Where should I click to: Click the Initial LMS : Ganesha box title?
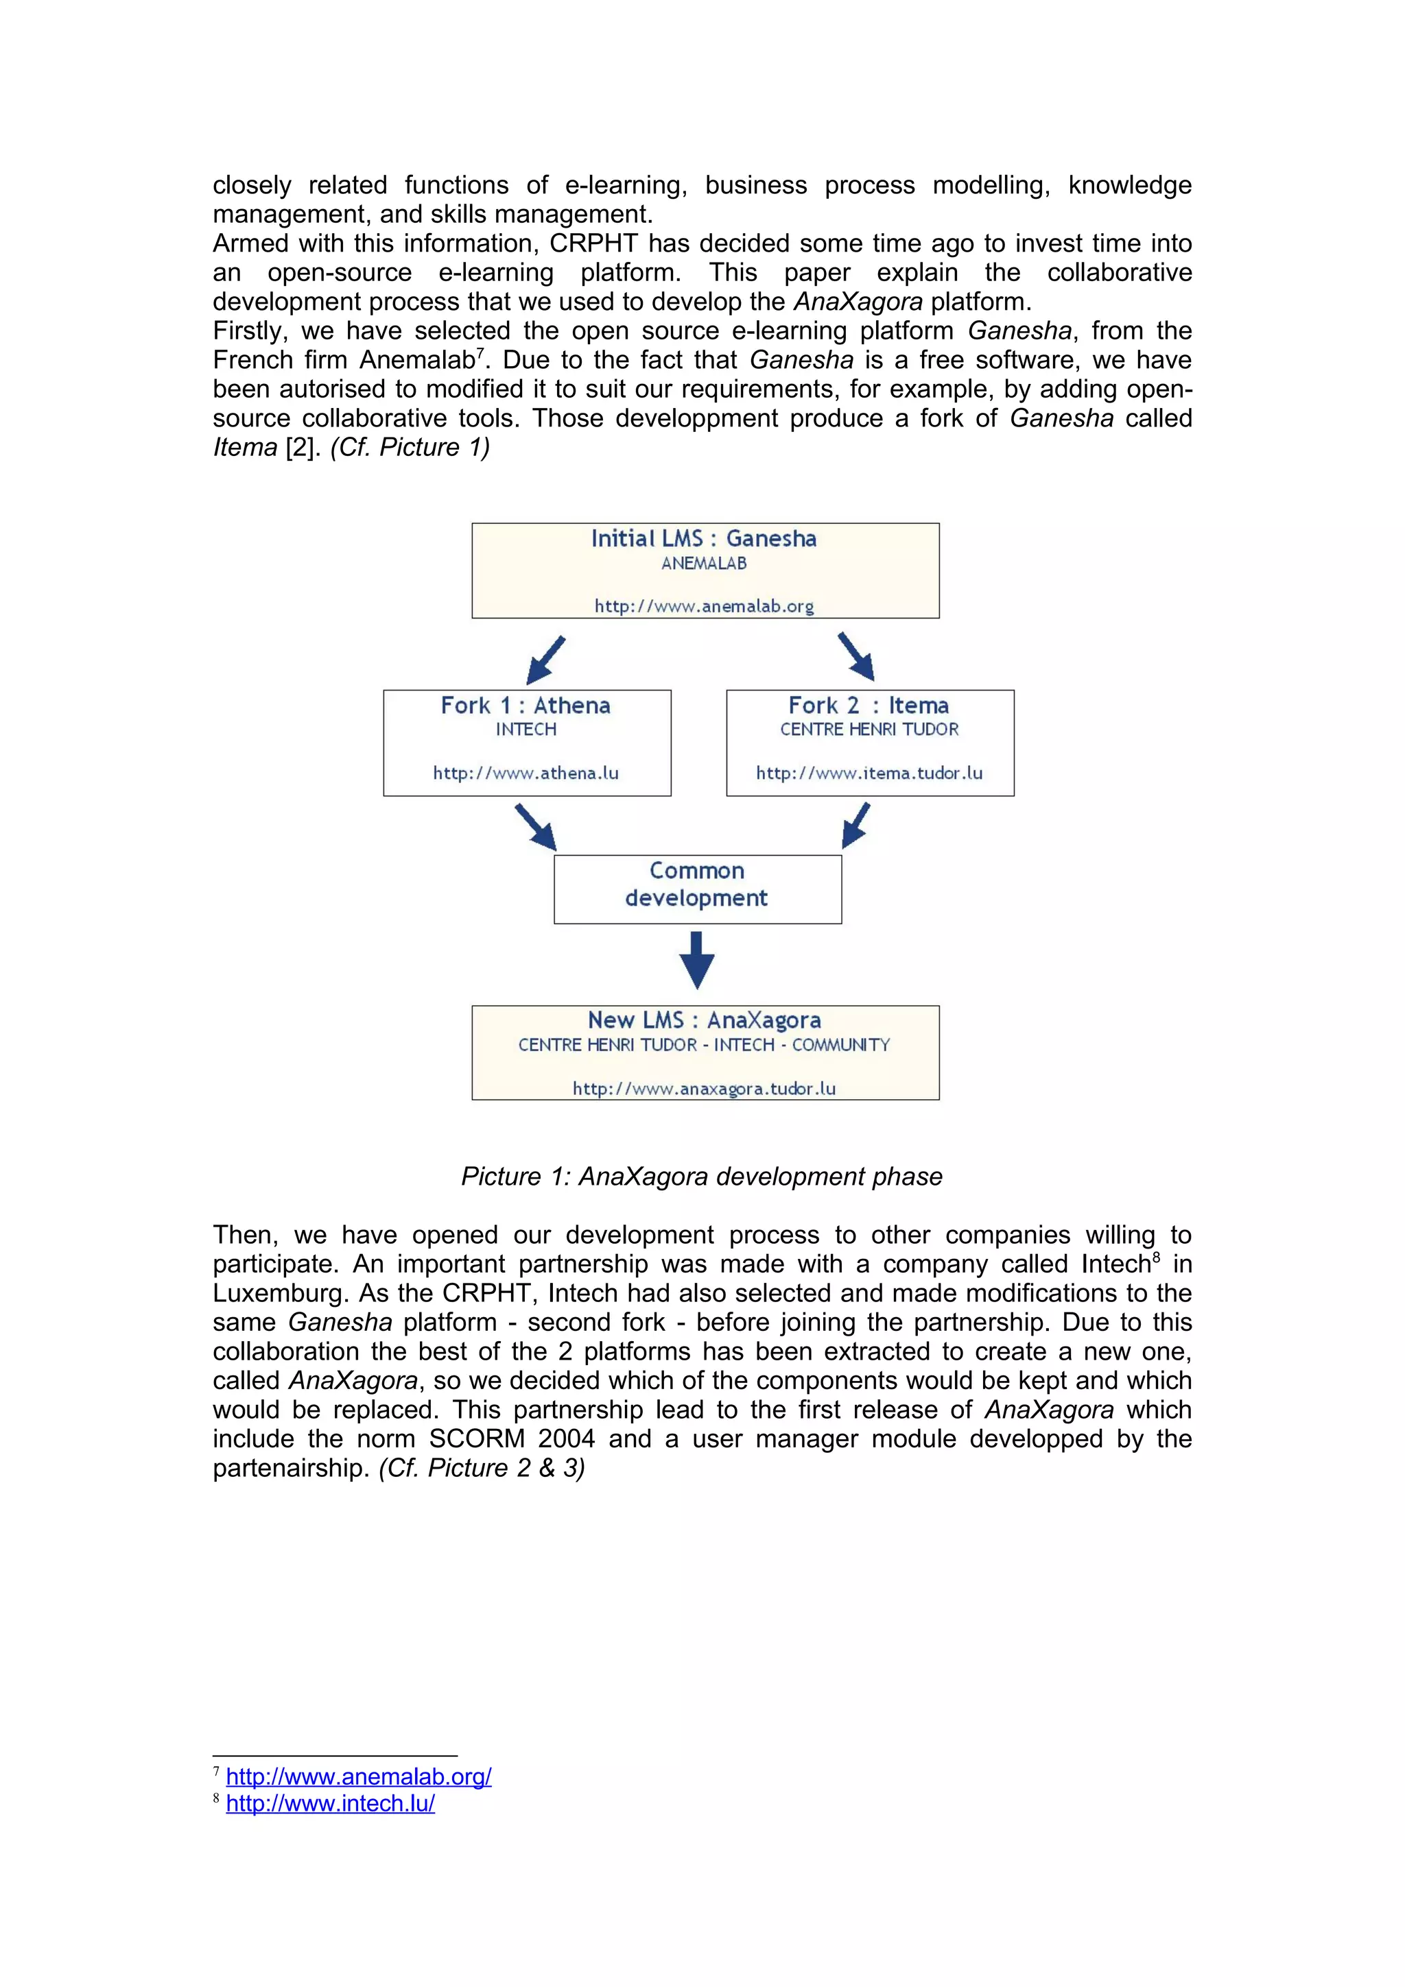click(x=704, y=539)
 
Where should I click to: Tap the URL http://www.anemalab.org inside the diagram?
click(x=704, y=607)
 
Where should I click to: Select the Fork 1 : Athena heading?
click(x=526, y=706)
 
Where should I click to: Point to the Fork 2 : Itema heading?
click(x=869, y=706)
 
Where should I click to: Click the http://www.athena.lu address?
click(x=526, y=773)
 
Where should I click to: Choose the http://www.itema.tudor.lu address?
click(x=869, y=773)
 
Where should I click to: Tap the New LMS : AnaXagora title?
click(x=704, y=1021)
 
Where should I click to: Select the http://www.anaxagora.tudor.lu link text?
click(x=704, y=1089)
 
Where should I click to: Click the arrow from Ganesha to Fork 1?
click(x=545, y=661)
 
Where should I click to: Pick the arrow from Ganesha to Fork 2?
click(x=856, y=657)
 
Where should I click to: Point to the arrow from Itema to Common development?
click(x=855, y=826)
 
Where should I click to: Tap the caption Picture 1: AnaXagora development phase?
click(x=701, y=1177)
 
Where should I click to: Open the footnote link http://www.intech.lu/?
click(x=330, y=1805)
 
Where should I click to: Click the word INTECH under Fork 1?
click(x=526, y=730)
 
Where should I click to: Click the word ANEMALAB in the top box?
click(x=704, y=564)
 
